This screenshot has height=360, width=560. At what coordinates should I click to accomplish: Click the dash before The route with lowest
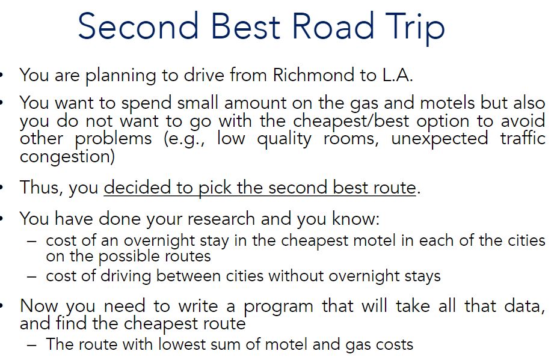tap(32, 344)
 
